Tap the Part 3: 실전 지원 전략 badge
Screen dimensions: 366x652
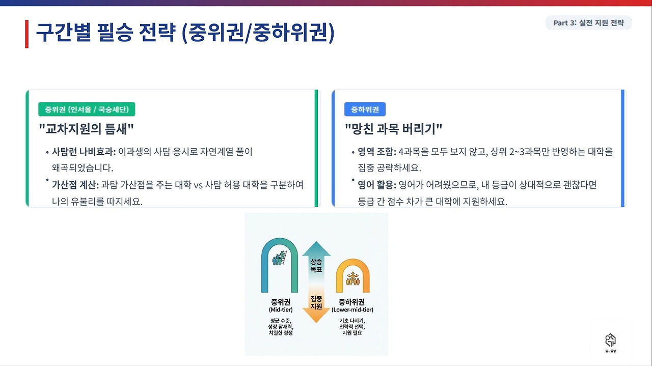588,23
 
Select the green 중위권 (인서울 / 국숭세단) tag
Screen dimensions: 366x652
87,109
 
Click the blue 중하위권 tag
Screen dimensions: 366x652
365,109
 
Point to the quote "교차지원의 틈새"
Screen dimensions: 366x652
87,129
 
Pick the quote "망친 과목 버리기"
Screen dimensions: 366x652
393,129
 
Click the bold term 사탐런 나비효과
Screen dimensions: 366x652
84,152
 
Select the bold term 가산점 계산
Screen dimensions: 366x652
75,185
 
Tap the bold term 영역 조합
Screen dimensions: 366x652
376,152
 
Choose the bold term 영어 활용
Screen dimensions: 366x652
376,185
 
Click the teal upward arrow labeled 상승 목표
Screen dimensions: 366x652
316,260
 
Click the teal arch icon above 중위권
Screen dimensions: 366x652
280,265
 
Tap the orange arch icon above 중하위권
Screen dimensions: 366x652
352,275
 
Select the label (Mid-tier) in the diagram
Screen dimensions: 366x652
280,309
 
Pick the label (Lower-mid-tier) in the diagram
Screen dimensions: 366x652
352,309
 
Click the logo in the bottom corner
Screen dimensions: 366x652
610,341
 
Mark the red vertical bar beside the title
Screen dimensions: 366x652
26,34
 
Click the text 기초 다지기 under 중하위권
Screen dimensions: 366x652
352,321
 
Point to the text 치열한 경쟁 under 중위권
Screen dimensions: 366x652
280,332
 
